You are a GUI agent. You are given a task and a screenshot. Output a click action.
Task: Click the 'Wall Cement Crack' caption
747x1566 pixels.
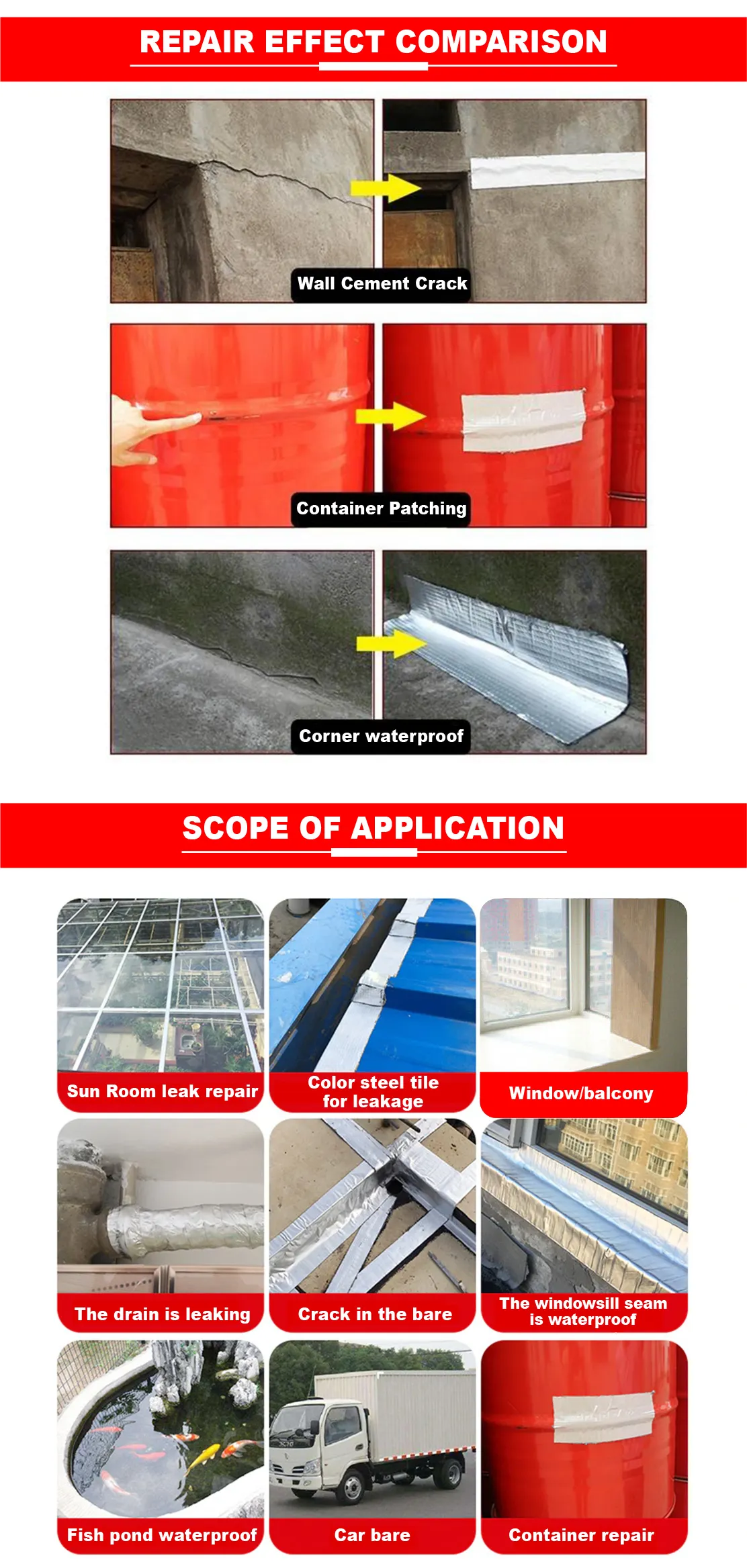382,283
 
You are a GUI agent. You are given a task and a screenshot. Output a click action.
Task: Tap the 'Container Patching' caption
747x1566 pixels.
381,508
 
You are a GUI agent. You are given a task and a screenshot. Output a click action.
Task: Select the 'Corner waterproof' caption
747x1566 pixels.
381,736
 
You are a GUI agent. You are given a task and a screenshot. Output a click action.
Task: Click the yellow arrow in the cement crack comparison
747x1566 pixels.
385,187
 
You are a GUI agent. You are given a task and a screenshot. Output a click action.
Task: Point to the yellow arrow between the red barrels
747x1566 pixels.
390,416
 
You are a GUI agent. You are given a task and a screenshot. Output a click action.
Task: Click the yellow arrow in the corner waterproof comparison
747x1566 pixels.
391,644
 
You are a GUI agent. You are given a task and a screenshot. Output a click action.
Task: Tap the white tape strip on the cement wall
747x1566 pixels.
558,170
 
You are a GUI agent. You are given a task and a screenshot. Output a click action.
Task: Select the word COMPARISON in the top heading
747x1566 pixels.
501,42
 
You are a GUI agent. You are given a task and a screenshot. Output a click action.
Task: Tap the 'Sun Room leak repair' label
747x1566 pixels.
162,1091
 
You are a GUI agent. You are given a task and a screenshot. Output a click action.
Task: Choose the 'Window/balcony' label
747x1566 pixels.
581,1093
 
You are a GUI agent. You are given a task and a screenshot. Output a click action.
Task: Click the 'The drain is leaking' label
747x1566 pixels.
162,1314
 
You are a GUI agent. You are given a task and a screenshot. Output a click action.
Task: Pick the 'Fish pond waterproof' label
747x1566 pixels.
162,1534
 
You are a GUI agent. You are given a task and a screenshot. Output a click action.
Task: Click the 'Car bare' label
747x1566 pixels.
372,1534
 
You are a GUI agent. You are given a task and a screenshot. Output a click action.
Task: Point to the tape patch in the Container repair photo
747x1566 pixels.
603,1417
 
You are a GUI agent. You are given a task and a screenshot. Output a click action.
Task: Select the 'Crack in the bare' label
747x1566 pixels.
375,1314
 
